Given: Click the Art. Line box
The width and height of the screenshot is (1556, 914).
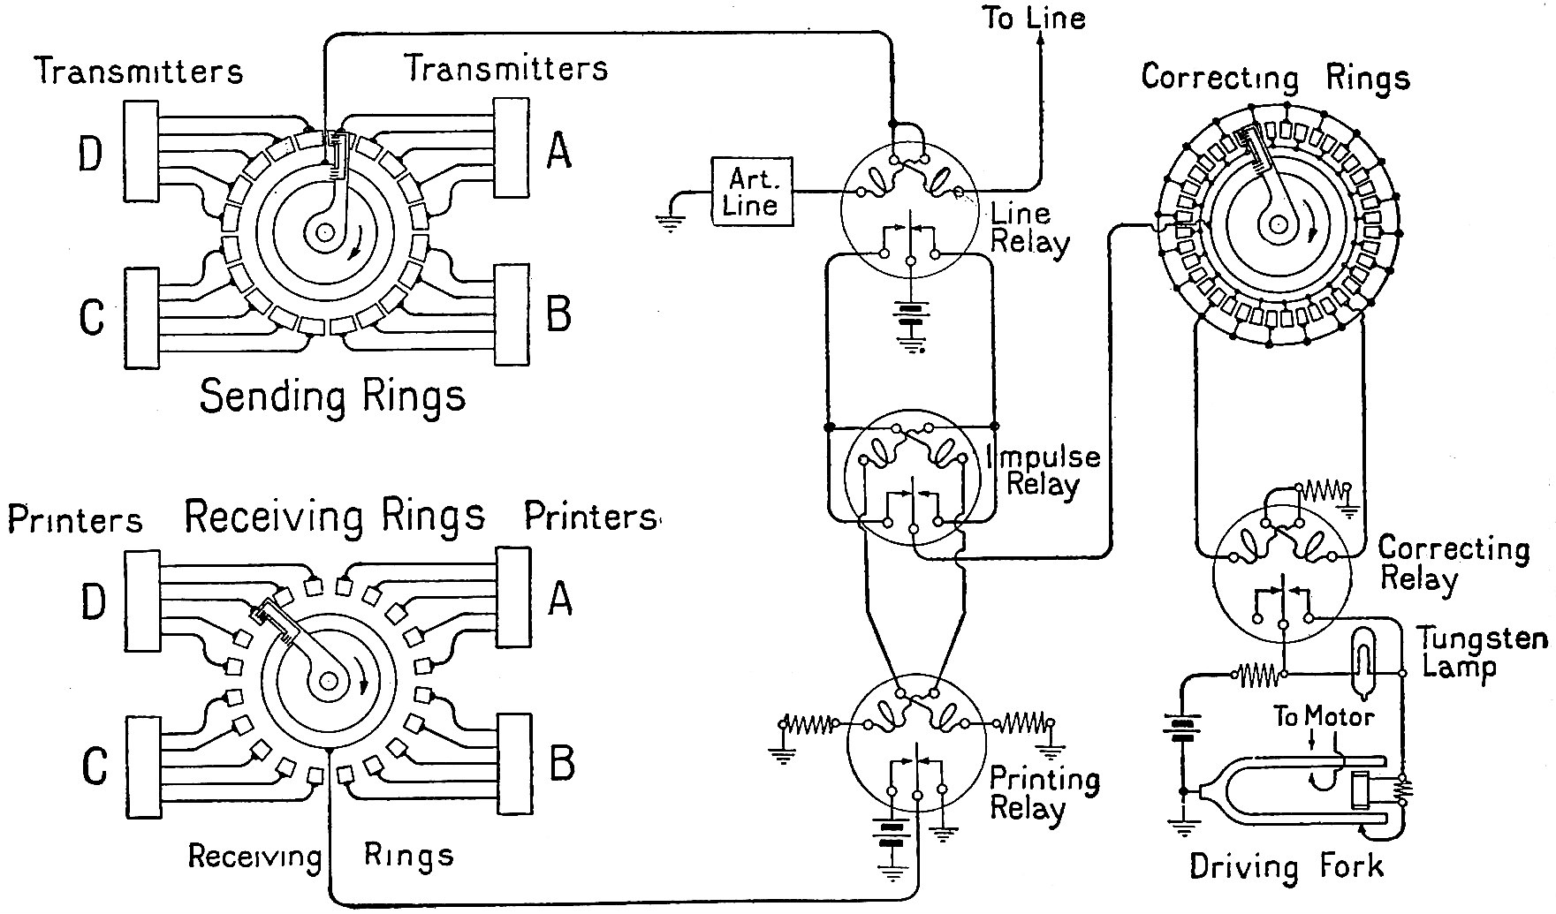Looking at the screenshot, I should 751,192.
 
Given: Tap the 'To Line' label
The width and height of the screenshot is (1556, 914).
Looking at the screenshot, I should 1034,18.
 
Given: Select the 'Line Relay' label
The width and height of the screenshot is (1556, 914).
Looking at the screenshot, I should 1029,228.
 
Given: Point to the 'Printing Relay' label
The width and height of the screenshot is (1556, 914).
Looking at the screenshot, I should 1044,793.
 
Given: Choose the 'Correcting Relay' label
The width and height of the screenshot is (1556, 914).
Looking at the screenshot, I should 1453,563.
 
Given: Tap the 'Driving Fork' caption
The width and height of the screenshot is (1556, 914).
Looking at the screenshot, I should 1286,865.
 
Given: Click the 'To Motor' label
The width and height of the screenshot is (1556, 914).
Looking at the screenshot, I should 1323,715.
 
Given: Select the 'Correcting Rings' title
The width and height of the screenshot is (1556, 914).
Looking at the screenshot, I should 1274,78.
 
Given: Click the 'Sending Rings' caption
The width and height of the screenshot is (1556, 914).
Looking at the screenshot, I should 332,396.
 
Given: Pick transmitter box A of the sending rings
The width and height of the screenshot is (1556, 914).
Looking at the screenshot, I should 512,147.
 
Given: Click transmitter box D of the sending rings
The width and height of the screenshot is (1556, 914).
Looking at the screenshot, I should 141,150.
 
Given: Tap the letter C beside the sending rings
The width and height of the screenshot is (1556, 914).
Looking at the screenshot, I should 91,317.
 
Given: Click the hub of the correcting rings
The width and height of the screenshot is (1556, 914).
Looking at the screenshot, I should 1277,225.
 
